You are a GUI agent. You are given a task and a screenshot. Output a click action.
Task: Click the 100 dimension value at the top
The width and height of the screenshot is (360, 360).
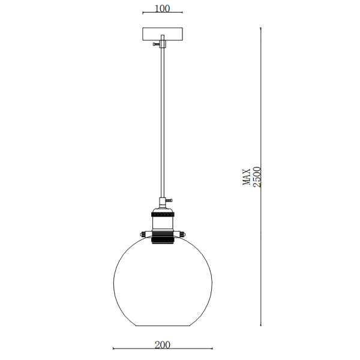tap(162, 8)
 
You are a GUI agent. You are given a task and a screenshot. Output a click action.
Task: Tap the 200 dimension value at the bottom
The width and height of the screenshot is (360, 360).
tap(163, 344)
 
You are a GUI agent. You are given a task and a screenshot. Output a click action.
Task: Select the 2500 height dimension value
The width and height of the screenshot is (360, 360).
tap(257, 178)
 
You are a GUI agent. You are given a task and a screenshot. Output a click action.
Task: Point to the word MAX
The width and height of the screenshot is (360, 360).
tap(247, 178)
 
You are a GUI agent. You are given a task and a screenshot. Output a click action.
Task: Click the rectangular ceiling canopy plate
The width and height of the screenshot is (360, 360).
tap(162, 34)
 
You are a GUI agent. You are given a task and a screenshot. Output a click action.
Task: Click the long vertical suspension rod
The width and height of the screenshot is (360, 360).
tap(162, 120)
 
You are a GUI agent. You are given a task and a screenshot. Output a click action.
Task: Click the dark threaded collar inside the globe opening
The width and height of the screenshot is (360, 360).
tap(162, 239)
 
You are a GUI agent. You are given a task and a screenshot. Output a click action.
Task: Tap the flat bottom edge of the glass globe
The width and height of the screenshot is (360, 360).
tap(162, 326)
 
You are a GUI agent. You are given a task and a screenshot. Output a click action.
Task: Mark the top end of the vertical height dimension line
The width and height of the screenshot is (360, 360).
tap(262, 28)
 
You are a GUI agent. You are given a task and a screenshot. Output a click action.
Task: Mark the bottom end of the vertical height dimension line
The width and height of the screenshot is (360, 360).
tap(262, 326)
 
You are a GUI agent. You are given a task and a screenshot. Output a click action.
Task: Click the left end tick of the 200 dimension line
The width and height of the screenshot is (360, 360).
tap(114, 349)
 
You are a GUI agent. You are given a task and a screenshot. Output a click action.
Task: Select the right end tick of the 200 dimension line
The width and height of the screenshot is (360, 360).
tap(211, 349)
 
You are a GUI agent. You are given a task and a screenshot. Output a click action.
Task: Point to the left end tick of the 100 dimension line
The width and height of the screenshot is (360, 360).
tap(143, 13)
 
